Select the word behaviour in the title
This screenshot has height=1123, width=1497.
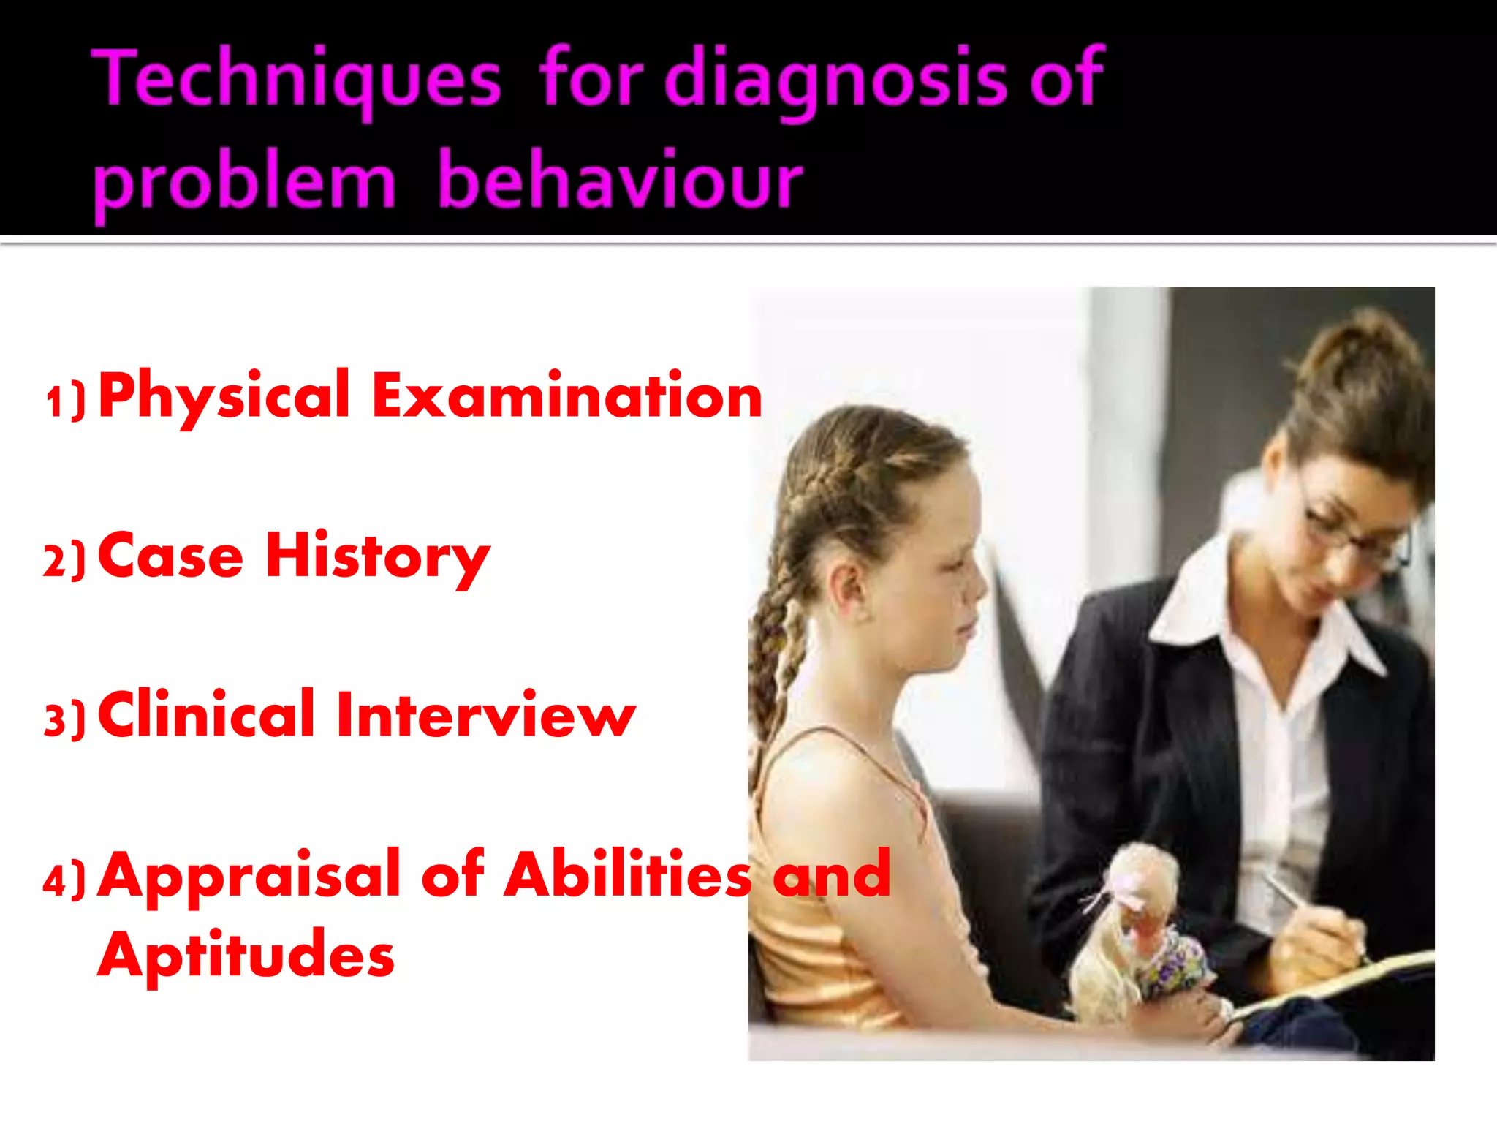[x=620, y=180]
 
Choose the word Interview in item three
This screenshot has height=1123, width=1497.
[x=485, y=715]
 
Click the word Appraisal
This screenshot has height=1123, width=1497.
[x=249, y=876]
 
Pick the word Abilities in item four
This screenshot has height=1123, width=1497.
[x=628, y=874]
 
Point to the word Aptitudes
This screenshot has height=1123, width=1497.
[x=246, y=955]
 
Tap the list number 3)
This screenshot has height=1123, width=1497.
[x=64, y=719]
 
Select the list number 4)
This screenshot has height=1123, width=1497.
[x=64, y=880]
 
